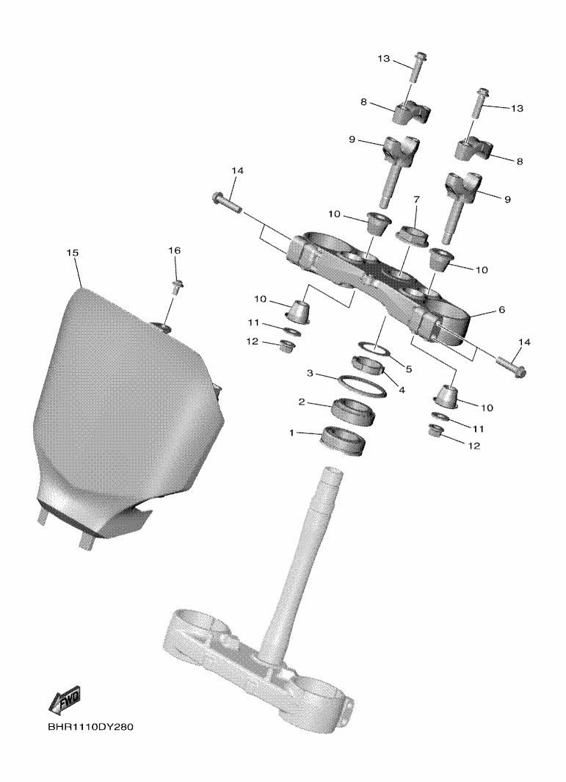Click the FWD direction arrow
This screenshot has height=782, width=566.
point(64,701)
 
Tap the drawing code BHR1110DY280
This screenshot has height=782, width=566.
point(91,727)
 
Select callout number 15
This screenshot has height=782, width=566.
point(72,253)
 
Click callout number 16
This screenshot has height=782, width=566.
point(174,250)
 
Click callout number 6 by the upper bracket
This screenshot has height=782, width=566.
point(501,310)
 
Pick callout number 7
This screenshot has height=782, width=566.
point(416,200)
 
